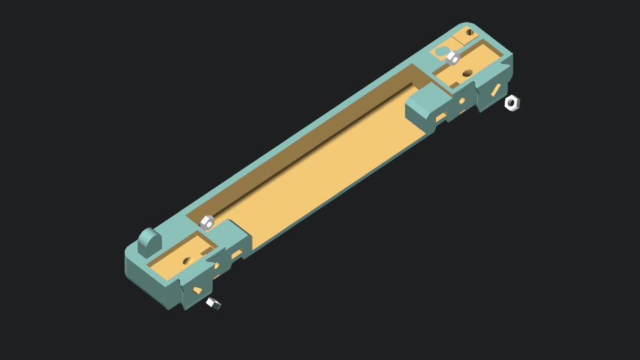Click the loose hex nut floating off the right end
[511, 103]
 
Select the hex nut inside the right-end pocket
[453, 57]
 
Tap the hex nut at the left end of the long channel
[207, 222]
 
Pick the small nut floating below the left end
[213, 303]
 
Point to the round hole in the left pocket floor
[187, 261]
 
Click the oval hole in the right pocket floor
[467, 73]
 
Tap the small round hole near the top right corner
[469, 32]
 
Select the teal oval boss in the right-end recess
[441, 51]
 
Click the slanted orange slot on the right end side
[496, 90]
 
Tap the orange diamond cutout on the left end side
[197, 291]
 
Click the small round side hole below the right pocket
[462, 101]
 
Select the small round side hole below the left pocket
[216, 265]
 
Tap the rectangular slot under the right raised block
[440, 119]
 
